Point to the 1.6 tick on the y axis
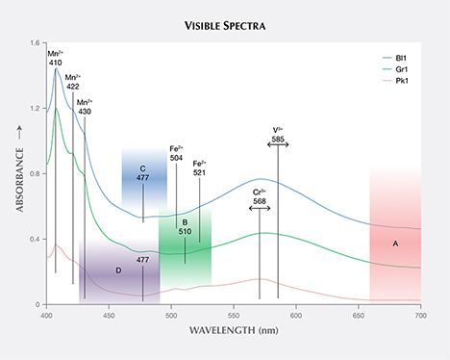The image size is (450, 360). click(x=36, y=44)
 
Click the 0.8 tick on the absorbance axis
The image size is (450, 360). click(x=36, y=174)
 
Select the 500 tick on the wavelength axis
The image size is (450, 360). click(x=170, y=315)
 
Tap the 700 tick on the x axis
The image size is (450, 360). click(x=420, y=315)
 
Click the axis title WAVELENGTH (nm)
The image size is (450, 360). click(x=234, y=329)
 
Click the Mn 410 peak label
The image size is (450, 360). click(x=56, y=57)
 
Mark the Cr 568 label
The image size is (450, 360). click(x=260, y=196)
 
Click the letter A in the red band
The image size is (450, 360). click(x=394, y=244)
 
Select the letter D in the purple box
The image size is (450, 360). click(x=118, y=270)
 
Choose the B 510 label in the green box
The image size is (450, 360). click(x=185, y=227)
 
